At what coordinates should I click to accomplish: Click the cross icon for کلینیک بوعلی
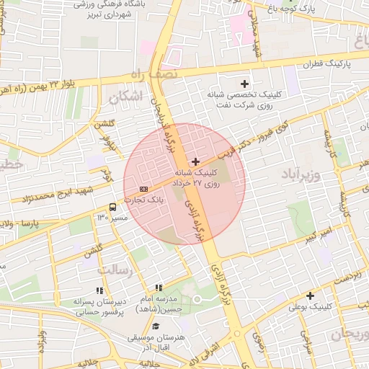(x=311, y=295)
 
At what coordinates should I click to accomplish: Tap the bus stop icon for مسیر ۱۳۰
(x=112, y=208)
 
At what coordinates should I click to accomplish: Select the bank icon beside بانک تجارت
(x=143, y=189)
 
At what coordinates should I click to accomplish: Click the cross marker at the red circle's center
(x=196, y=162)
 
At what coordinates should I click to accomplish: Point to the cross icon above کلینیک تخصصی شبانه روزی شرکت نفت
(x=245, y=84)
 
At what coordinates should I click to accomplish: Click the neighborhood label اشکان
(x=125, y=95)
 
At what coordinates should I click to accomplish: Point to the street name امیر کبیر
(x=318, y=234)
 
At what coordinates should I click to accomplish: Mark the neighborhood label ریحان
(x=349, y=335)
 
